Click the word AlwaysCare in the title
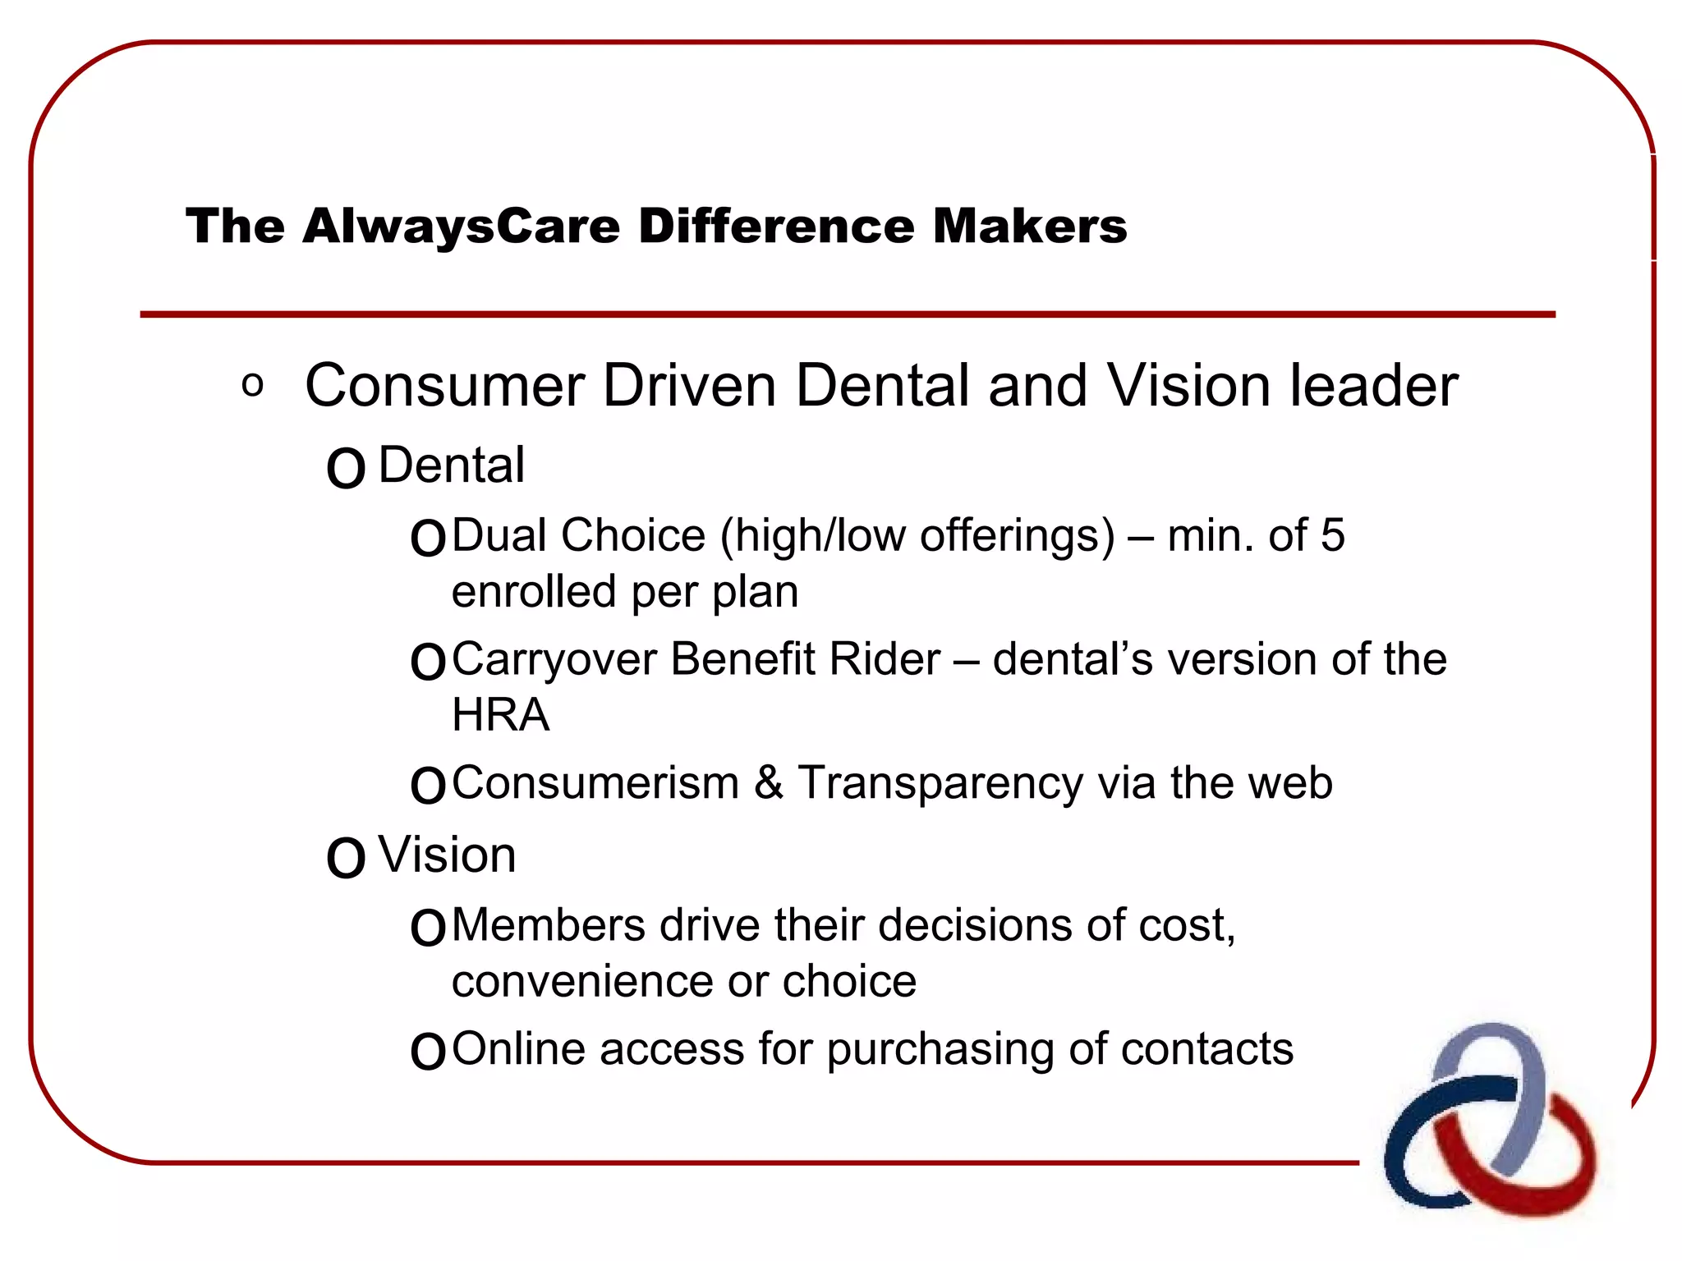(x=461, y=227)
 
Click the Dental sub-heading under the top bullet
(x=451, y=465)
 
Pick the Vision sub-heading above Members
(x=447, y=855)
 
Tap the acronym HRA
(x=500, y=715)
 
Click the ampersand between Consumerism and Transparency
(x=768, y=782)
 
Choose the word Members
(x=549, y=925)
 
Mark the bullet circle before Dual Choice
(x=428, y=539)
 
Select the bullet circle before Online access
(x=428, y=1052)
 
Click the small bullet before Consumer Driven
(x=253, y=385)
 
